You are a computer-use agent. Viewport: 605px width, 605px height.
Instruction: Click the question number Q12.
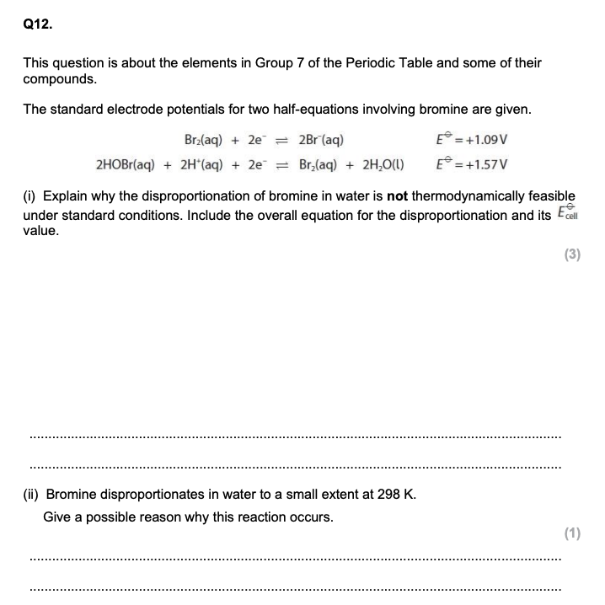pyautogui.click(x=37, y=24)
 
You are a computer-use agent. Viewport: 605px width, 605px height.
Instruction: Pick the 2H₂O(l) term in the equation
pyautogui.click(x=382, y=165)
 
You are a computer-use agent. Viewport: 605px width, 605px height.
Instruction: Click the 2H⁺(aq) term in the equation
pyautogui.click(x=200, y=165)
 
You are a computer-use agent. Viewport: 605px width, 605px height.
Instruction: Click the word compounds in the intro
pyautogui.click(x=60, y=80)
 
